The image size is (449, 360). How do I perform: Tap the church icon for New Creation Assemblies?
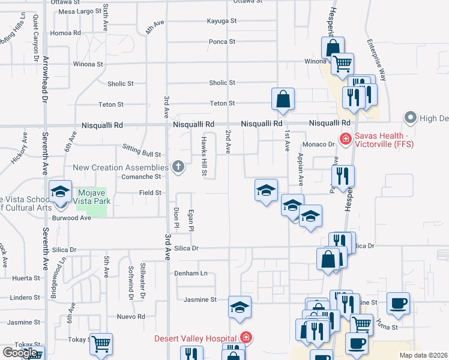178,167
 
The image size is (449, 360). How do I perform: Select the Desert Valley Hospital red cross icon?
245,338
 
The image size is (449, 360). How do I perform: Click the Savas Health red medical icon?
345,139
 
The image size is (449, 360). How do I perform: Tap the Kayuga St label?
221,20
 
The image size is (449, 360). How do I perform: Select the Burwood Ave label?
71,218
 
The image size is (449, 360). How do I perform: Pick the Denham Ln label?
191,273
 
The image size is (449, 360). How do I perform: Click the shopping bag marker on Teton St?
283,100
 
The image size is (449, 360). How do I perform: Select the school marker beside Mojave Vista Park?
61,193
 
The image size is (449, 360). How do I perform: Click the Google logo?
20,353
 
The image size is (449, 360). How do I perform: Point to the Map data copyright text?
423,355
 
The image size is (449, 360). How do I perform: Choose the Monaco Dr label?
318,145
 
